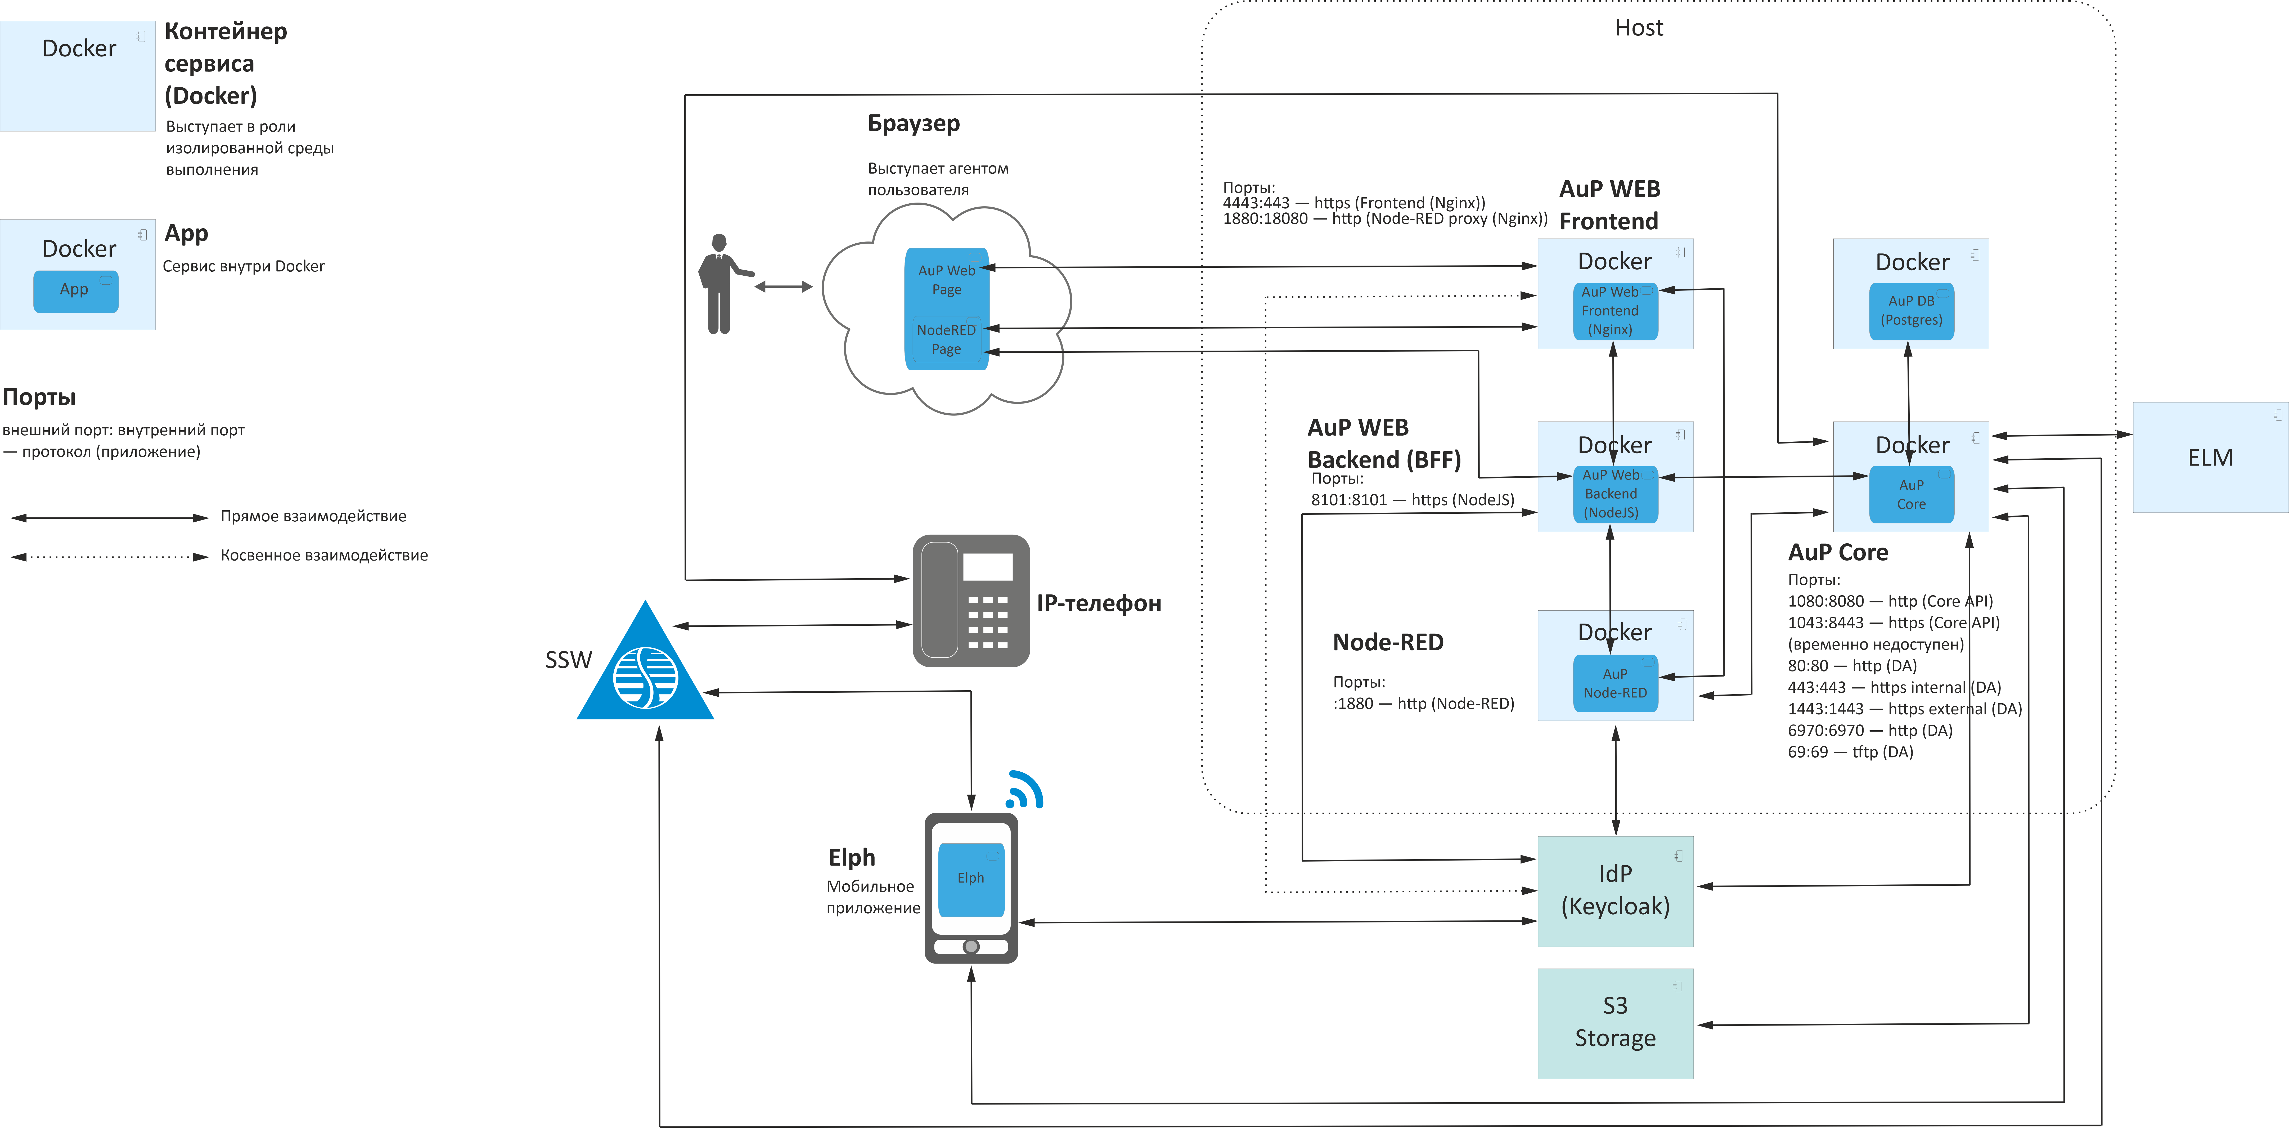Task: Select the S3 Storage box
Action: pyautogui.click(x=1615, y=1023)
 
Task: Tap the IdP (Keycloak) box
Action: pyautogui.click(x=1615, y=891)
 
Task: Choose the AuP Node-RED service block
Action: pyautogui.click(x=1615, y=683)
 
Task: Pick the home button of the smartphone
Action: pyautogui.click(x=971, y=947)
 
